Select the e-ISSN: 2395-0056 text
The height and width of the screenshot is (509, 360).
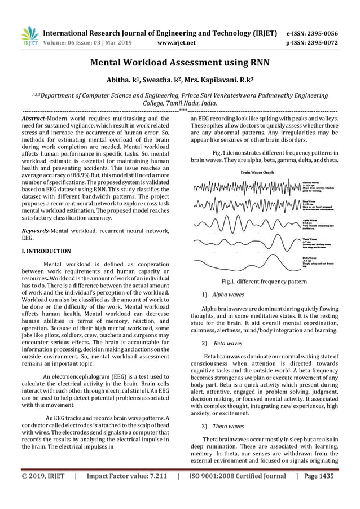313,33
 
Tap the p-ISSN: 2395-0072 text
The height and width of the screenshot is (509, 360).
313,42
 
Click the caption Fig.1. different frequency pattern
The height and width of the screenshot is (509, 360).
265,281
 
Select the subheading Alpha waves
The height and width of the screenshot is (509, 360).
228,295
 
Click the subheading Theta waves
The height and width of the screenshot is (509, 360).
228,426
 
